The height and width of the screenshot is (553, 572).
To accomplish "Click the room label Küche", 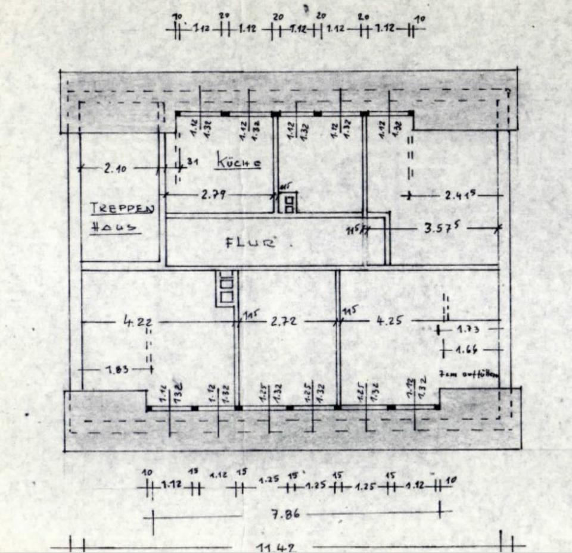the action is [238, 161].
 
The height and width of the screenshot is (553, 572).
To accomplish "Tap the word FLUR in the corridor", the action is [251, 242].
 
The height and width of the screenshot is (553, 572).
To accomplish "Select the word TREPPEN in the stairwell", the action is [122, 208].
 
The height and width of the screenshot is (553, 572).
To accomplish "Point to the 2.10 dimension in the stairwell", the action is [117, 168].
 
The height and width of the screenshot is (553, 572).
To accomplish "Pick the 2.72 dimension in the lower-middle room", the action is [284, 321].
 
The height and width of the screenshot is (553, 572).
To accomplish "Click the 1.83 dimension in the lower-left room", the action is [117, 369].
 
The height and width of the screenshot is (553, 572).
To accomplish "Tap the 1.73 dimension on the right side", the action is [470, 328].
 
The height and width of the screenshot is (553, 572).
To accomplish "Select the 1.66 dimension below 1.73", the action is [468, 349].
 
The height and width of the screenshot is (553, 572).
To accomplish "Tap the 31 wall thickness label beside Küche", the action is [192, 161].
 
